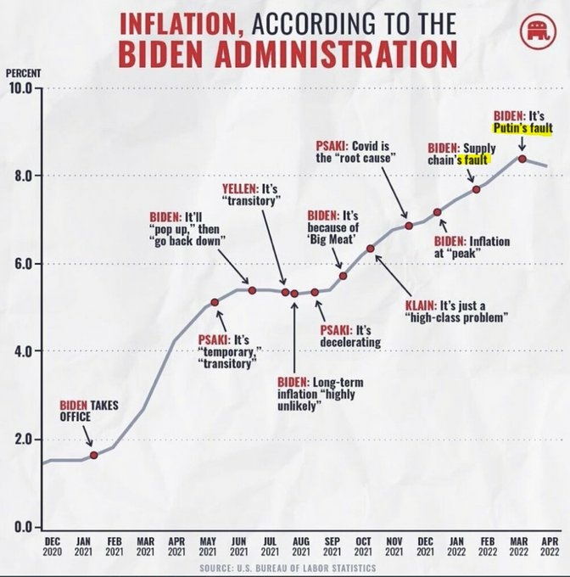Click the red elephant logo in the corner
[x=536, y=35]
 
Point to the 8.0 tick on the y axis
[x=20, y=176]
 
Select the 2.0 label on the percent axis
[x=20, y=440]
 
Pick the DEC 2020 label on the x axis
[x=52, y=546]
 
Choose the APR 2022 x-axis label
[x=549, y=546]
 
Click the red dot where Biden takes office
[x=93, y=456]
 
